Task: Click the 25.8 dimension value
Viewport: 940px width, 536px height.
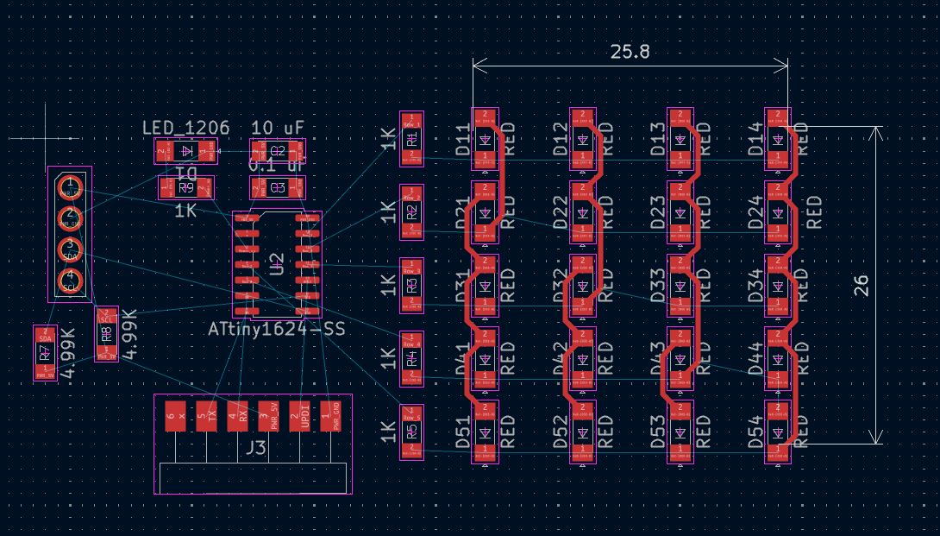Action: coord(630,52)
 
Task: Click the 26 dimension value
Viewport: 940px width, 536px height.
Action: coord(861,287)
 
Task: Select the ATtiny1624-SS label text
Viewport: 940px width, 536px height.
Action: coord(276,330)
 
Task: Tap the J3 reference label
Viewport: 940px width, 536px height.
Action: coord(256,449)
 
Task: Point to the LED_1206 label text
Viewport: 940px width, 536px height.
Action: coord(185,129)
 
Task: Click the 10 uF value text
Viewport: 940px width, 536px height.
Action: coord(278,129)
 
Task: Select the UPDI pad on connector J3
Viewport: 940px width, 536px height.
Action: coord(299,415)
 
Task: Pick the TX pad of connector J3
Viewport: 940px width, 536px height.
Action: coord(206,415)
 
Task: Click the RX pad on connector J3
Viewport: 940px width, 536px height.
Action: coord(237,415)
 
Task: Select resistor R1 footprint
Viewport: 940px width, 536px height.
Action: coord(412,139)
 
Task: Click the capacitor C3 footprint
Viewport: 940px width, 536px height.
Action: coord(278,187)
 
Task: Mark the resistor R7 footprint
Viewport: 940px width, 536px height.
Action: coord(44,353)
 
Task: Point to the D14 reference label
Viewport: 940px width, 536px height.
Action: coord(756,140)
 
